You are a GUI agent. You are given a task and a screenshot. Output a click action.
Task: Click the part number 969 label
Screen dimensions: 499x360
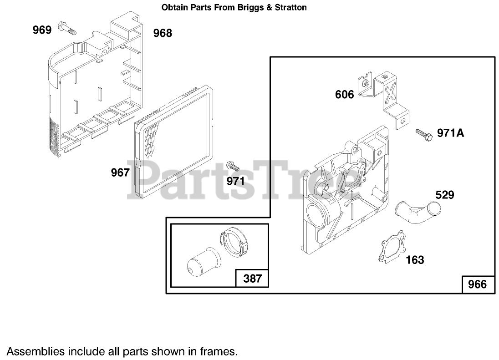(42, 30)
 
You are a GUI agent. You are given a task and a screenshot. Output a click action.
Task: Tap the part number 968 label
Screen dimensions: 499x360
(163, 33)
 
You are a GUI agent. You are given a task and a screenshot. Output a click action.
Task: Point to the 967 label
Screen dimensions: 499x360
(121, 173)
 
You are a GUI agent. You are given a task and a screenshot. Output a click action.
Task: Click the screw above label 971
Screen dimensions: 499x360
(233, 165)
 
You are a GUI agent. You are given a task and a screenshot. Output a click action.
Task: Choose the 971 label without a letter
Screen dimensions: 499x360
(236, 181)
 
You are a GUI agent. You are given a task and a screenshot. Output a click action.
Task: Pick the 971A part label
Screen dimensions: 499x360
(451, 133)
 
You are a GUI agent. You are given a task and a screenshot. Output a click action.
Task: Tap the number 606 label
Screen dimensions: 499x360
(344, 95)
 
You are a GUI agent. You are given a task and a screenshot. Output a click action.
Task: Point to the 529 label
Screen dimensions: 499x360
(445, 195)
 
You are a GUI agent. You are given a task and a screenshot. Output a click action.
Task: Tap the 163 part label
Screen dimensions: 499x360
(415, 260)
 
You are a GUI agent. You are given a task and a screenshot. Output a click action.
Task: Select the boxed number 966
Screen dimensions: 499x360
(478, 284)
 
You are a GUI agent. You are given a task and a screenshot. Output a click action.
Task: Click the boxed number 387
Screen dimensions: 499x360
(252, 278)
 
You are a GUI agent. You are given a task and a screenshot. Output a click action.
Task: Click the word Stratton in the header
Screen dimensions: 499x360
(290, 7)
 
